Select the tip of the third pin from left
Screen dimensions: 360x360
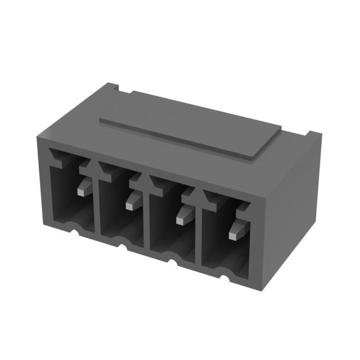(181, 220)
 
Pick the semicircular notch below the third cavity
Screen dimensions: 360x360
(171, 258)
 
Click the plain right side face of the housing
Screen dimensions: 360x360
(292, 208)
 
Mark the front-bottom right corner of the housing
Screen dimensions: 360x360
(262, 290)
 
